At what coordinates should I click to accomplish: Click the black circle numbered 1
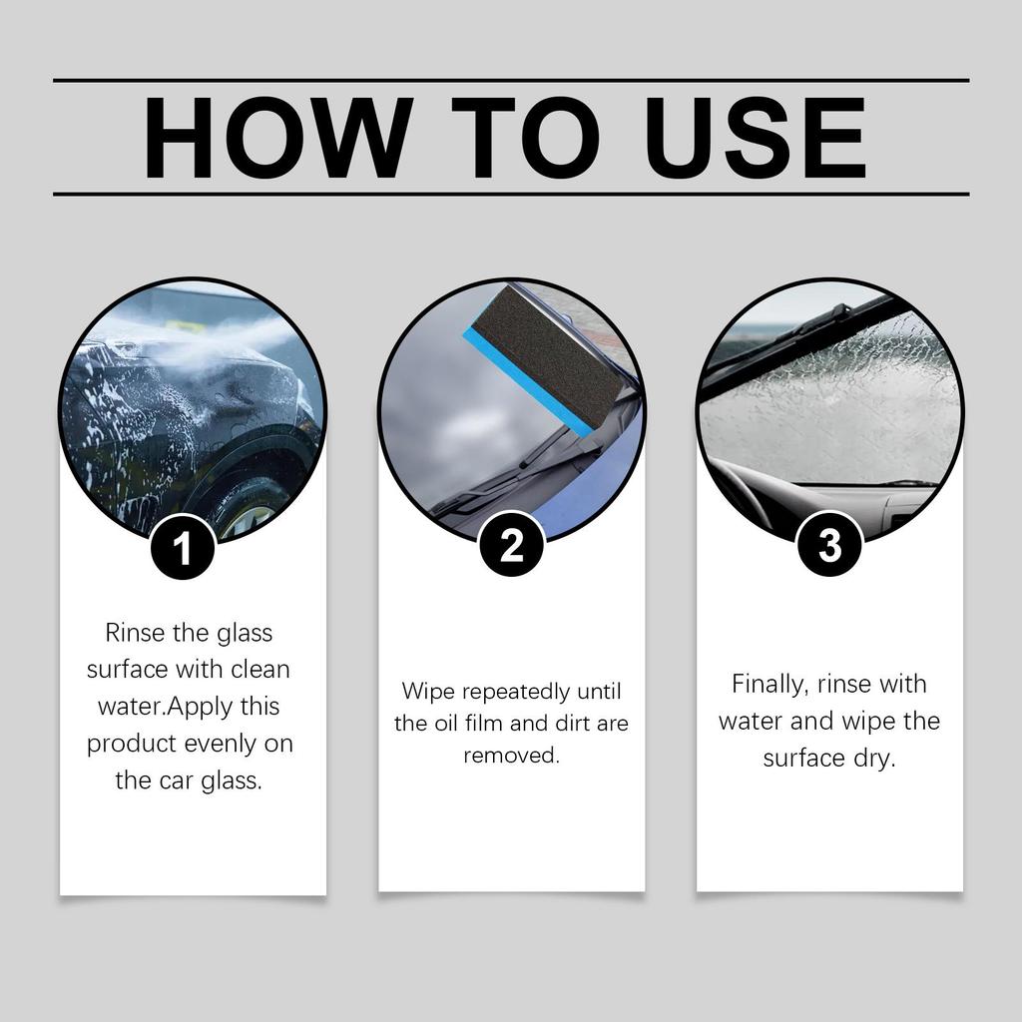pos(183,547)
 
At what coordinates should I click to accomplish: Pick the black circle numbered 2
pos(511,545)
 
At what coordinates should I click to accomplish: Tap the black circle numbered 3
pos(829,545)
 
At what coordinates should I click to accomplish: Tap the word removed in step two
pos(511,756)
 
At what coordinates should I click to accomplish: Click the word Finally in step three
pos(768,685)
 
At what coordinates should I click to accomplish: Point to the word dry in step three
pos(875,759)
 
